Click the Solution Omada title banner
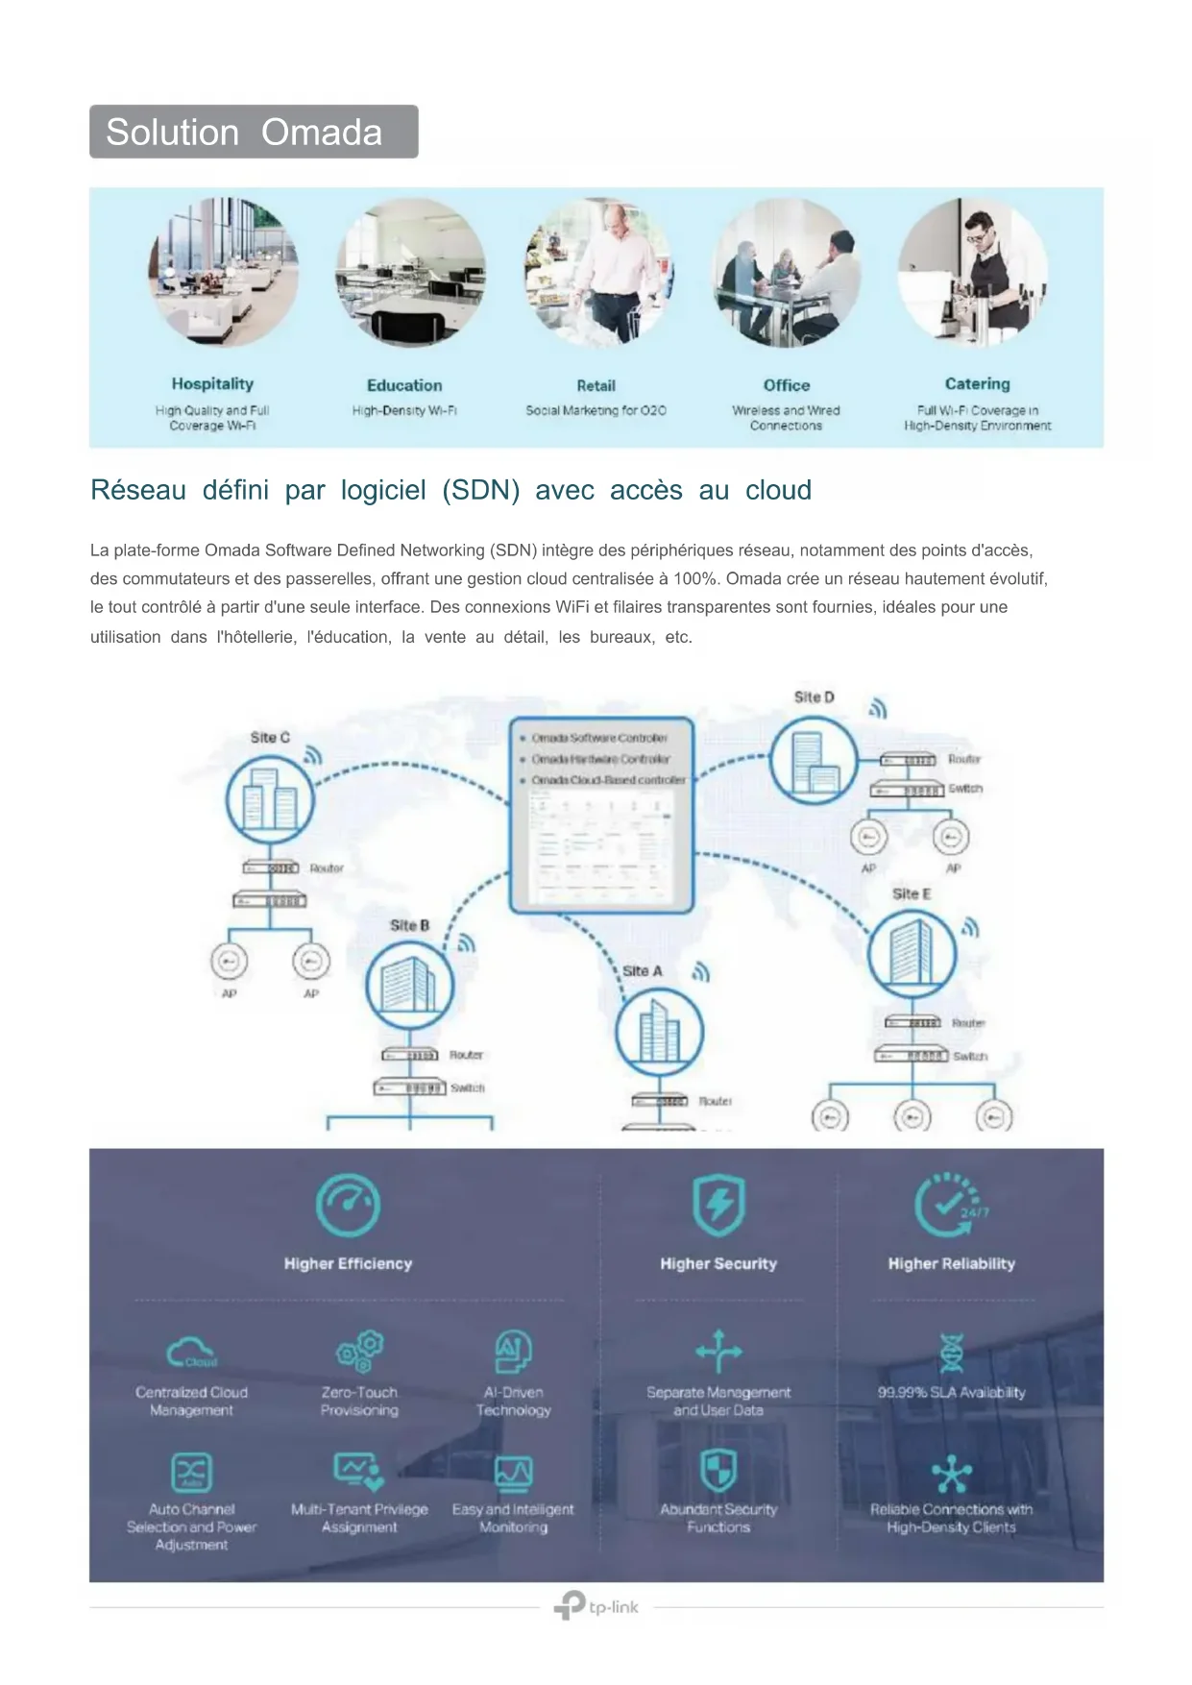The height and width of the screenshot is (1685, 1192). pyautogui.click(x=254, y=132)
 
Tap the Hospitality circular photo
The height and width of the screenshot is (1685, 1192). pyautogui.click(x=223, y=273)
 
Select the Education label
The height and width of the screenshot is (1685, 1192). pyautogui.click(x=404, y=385)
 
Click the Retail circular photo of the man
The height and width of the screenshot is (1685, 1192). pyautogui.click(x=598, y=273)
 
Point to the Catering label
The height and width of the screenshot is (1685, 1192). pyautogui.click(x=977, y=384)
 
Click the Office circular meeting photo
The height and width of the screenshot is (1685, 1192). pyautogui.click(x=787, y=273)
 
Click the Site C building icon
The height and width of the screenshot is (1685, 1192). pyautogui.click(x=270, y=800)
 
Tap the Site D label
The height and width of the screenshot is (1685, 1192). pyautogui.click(x=814, y=697)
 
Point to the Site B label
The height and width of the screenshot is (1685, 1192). pyautogui.click(x=409, y=925)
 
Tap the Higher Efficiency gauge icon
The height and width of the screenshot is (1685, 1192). pyautogui.click(x=348, y=1204)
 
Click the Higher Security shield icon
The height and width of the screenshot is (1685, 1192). pyautogui.click(x=718, y=1204)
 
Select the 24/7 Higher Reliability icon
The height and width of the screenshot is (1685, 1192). pyautogui.click(x=950, y=1204)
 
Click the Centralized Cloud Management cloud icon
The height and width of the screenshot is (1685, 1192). pyautogui.click(x=191, y=1353)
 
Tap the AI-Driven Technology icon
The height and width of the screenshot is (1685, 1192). pyautogui.click(x=514, y=1352)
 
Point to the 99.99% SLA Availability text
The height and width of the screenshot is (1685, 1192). pyautogui.click(x=951, y=1392)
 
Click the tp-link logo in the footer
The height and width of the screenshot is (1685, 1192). pyautogui.click(x=596, y=1606)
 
